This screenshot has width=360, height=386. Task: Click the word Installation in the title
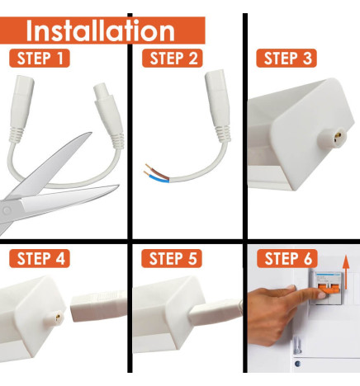100,31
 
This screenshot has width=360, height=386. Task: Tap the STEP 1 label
40,59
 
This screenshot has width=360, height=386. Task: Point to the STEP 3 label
285,59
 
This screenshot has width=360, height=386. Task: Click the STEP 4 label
40,258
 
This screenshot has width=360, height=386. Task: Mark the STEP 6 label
285,258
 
